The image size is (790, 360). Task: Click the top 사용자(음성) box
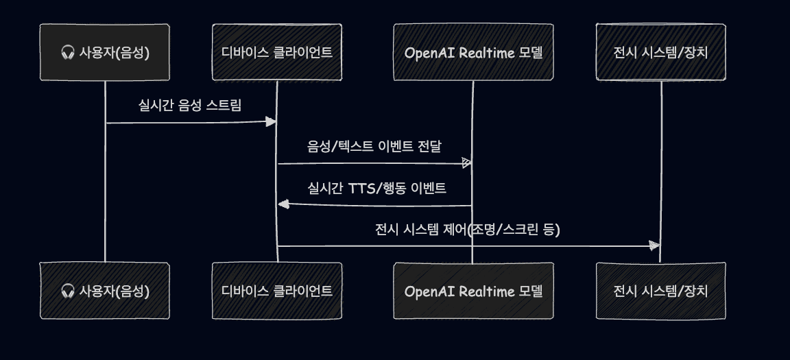(105, 52)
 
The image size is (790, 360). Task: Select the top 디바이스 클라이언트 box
(276, 52)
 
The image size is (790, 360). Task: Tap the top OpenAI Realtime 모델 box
(474, 52)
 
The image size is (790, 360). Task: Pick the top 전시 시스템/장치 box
(660, 52)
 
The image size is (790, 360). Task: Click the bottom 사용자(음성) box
(105, 291)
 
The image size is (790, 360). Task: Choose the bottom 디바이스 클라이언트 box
(276, 291)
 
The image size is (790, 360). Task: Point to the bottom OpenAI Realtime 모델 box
(474, 291)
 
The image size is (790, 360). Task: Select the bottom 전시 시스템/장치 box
(660, 291)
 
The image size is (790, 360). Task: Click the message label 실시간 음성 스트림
(190, 105)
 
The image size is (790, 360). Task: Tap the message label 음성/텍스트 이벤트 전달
(374, 147)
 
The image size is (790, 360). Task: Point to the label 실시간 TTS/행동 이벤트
(377, 189)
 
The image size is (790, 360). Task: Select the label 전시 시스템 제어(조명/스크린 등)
(468, 230)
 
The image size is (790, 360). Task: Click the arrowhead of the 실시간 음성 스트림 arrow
(271, 122)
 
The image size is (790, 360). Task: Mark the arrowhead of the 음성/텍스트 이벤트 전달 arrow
(466, 163)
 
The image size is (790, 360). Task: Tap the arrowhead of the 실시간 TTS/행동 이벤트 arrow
(283, 204)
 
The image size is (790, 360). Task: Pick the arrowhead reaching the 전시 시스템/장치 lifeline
(654, 245)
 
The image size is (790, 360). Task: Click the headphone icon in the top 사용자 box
(67, 52)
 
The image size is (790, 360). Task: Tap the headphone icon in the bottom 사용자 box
(67, 291)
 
